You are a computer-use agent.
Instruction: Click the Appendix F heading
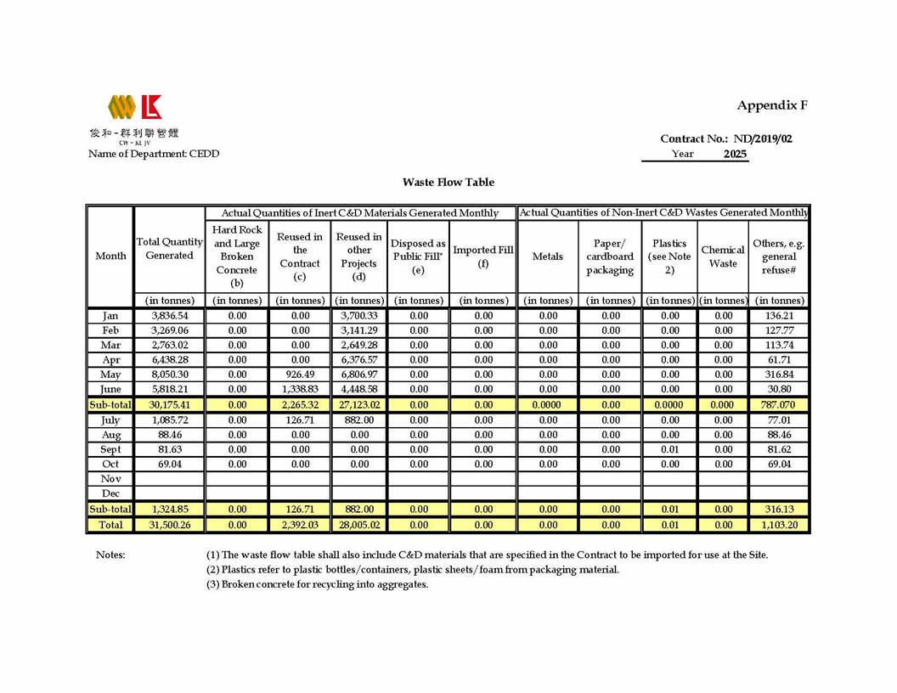point(771,105)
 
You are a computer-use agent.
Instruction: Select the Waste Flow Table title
point(448,182)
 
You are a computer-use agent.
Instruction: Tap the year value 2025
point(736,154)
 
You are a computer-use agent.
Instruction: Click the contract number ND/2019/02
point(763,138)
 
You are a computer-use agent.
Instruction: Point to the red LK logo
point(151,107)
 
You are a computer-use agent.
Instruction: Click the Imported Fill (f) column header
point(483,256)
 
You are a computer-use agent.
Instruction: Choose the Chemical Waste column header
point(723,256)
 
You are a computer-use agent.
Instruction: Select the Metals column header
point(548,256)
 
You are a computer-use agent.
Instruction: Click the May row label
point(110,375)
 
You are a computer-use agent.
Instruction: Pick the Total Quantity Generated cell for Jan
point(169,315)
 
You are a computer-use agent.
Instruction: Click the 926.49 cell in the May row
point(300,375)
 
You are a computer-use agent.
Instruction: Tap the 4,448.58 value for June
point(358,389)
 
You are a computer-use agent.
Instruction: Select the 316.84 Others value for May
point(779,375)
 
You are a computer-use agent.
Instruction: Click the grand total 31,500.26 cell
point(169,525)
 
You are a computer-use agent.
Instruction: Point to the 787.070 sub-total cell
point(779,405)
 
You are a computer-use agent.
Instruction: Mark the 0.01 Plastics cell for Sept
point(669,449)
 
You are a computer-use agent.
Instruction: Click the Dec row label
point(110,493)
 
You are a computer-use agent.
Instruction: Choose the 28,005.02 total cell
point(358,525)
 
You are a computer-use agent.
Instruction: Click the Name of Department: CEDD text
point(154,154)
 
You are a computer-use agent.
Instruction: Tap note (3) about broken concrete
point(317,584)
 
